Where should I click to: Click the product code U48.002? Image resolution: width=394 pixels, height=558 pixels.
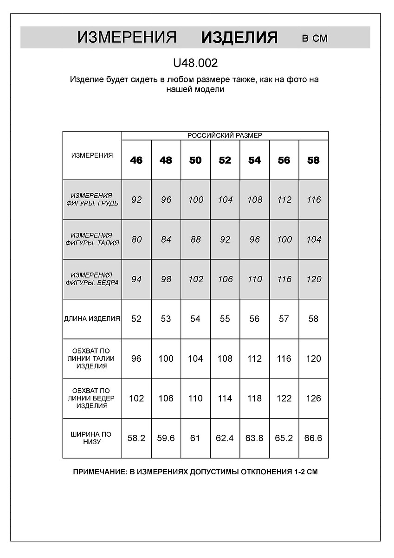pyautogui.click(x=195, y=63)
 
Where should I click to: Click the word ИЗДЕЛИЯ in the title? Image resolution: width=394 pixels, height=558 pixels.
pyautogui.click(x=239, y=38)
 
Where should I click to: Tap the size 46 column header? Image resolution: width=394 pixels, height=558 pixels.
pyautogui.click(x=136, y=160)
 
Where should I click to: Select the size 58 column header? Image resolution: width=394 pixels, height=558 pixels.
pyautogui.click(x=314, y=160)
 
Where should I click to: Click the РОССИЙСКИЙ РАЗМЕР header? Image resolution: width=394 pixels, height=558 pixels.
pyautogui.click(x=225, y=135)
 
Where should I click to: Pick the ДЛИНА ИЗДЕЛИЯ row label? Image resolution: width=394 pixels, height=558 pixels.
pyautogui.click(x=92, y=319)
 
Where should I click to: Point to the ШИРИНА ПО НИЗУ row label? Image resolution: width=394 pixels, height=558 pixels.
pyautogui.click(x=91, y=438)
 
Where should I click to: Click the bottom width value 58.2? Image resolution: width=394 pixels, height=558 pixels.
pyautogui.click(x=136, y=438)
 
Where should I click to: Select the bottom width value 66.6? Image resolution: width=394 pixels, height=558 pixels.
pyautogui.click(x=313, y=438)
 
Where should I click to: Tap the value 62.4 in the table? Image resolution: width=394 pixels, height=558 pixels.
pyautogui.click(x=225, y=438)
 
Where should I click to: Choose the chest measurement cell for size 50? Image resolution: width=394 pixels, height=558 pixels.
pyautogui.click(x=196, y=200)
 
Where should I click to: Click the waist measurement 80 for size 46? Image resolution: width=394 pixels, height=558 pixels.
pyautogui.click(x=136, y=239)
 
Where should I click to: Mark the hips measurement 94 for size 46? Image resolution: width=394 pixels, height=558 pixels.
pyautogui.click(x=136, y=279)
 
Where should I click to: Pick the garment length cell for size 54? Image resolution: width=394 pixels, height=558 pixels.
pyautogui.click(x=254, y=319)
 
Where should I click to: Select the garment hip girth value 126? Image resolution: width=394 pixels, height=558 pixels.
pyautogui.click(x=313, y=399)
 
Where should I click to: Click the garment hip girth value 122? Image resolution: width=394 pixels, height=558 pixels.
pyautogui.click(x=284, y=399)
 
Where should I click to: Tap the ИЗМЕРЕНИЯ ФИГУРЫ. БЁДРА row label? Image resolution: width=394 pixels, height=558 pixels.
pyautogui.click(x=92, y=279)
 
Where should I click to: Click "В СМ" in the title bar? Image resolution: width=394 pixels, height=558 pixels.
pyautogui.click(x=315, y=39)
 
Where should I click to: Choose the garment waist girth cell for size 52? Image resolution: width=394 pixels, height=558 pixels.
pyautogui.click(x=225, y=359)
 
